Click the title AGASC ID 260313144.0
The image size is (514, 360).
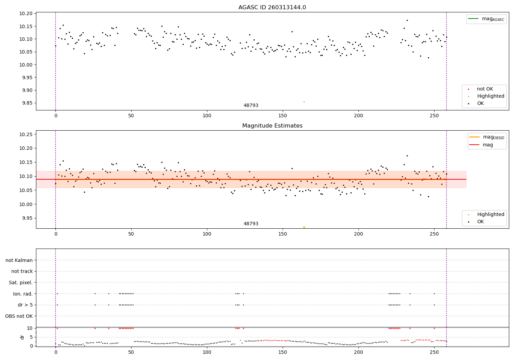pos(272,8)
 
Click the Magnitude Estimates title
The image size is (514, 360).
pos(272,126)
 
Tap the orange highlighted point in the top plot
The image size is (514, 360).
pos(304,102)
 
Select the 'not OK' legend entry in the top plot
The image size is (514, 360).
pos(485,89)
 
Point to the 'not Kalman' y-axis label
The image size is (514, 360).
pos(19,260)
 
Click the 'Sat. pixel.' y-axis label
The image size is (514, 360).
pos(21,283)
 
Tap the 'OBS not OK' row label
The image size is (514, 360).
pos(19,316)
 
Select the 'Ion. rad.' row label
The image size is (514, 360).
pos(23,294)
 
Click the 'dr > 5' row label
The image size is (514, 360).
pos(25,305)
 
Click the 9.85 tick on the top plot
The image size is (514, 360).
pos(26,103)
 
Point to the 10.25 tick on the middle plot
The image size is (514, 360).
pos(26,134)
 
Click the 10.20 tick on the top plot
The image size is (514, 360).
pos(26,13)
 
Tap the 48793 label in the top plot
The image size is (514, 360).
pos(251,106)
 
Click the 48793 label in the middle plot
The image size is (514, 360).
pos(251,224)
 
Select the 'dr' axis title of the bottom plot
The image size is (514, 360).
pos(22,337)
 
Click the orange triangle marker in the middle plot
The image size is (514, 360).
pos(304,227)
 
